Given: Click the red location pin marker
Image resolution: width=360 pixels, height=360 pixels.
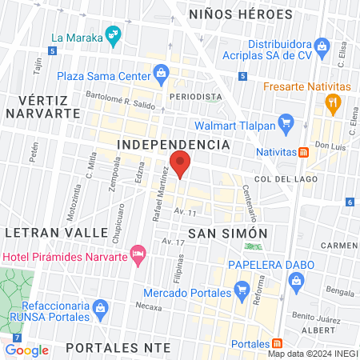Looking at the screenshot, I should (181, 166).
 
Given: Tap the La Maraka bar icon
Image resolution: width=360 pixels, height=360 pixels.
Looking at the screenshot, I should (115, 34).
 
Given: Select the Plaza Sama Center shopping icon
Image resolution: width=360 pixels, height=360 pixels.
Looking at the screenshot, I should (161, 75).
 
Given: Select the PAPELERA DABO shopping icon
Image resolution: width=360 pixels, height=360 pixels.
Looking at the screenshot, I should (297, 281).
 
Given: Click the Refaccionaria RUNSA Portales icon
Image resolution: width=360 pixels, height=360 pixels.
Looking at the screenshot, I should (101, 307).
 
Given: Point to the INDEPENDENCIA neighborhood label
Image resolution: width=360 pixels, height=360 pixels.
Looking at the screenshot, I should (174, 144).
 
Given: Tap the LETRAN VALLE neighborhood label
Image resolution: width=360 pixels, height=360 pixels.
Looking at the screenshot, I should (54, 231).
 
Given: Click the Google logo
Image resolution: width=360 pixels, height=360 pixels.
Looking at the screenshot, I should (26, 350).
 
